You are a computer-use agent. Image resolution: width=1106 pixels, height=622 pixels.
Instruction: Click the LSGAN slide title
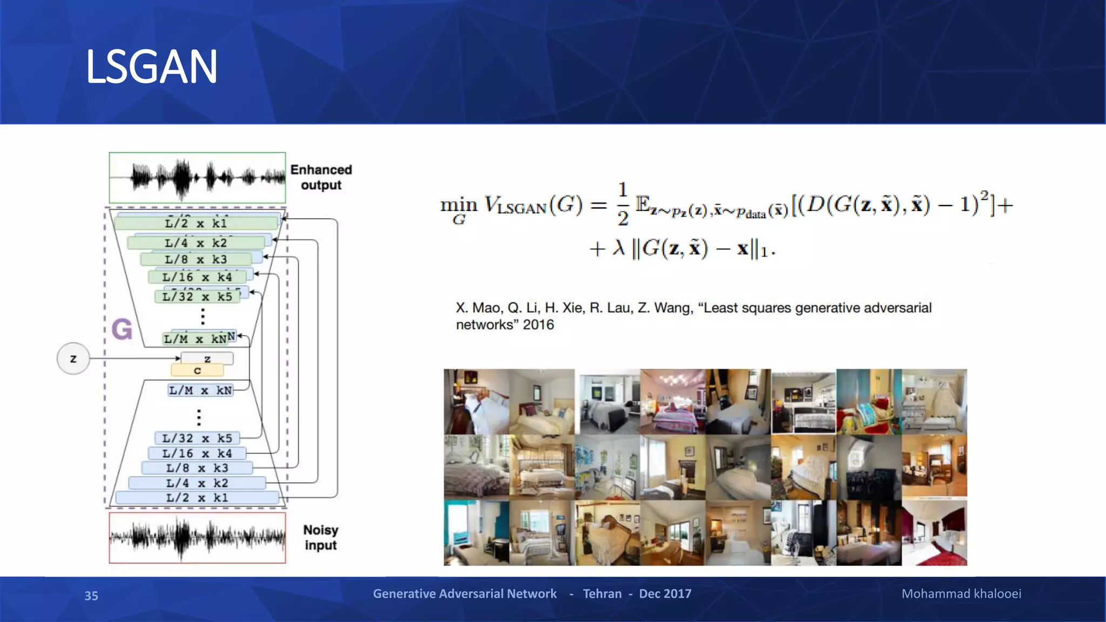click(151, 66)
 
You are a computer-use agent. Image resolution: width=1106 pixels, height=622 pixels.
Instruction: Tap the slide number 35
click(91, 596)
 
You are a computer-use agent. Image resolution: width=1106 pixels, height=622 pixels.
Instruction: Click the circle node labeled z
click(73, 359)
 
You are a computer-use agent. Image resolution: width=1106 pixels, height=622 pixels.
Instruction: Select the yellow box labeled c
click(197, 370)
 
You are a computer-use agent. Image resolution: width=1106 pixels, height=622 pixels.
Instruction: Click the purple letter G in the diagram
click(122, 329)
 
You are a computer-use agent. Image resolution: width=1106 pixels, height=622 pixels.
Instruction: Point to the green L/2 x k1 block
click(196, 223)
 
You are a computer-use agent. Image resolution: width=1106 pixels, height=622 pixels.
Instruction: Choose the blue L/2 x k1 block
click(197, 497)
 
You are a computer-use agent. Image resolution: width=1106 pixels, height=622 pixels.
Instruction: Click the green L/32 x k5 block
click(197, 296)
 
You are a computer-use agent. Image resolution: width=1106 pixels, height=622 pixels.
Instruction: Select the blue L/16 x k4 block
click(197, 453)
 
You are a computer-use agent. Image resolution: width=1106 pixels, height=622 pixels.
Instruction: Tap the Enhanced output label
click(321, 177)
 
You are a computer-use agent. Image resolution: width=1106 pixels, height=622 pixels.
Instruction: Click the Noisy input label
click(321, 537)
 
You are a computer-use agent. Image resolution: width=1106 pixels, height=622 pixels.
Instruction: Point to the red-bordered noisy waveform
click(197, 537)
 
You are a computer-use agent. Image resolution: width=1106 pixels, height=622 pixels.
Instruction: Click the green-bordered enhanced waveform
click(197, 178)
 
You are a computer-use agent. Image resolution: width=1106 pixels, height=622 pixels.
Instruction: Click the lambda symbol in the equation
click(619, 248)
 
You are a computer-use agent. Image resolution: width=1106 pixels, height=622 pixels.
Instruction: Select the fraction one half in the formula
click(623, 204)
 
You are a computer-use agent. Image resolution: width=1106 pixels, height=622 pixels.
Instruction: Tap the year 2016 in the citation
click(538, 324)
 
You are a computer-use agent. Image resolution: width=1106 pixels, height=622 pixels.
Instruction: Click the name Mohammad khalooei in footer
click(961, 593)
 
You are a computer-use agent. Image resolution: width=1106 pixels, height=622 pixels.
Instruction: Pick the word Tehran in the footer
click(602, 593)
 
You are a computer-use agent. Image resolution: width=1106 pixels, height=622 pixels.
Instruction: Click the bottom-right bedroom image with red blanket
click(934, 533)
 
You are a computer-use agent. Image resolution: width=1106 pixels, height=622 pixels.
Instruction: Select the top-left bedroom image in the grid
click(476, 402)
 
